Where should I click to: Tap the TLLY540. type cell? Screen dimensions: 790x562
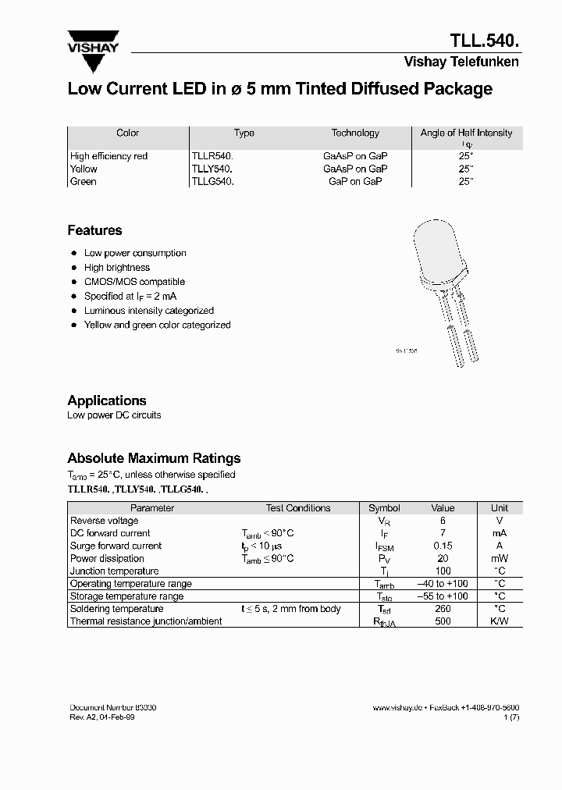pos(213,169)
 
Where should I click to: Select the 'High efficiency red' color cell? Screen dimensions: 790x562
pos(108,156)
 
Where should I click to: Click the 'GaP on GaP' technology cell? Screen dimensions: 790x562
pos(355,181)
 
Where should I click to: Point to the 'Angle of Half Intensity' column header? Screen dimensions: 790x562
pos(466,133)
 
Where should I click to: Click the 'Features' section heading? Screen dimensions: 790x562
pos(94,230)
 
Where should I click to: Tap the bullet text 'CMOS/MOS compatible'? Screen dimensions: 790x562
pos(134,282)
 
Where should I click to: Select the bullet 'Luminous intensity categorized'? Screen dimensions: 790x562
pos(148,311)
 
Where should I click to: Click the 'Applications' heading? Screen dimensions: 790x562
pos(107,400)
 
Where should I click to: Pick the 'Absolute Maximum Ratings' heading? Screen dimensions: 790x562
pos(154,458)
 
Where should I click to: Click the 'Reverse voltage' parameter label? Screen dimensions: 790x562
pos(105,521)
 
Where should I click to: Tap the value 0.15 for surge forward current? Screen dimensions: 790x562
pos(443,546)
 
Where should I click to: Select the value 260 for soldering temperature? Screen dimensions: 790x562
pos(443,609)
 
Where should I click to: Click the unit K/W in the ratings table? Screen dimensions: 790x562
pos(500,621)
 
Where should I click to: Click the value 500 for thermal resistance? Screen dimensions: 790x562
pos(443,621)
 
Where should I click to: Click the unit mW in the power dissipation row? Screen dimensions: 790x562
pos(500,558)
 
